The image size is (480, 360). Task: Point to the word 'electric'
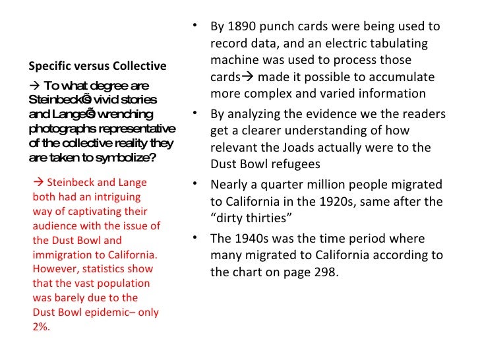pyautogui.click(x=345, y=44)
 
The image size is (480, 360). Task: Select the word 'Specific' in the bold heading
pyautogui.click(x=48, y=66)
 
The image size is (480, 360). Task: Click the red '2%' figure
pyautogui.click(x=40, y=326)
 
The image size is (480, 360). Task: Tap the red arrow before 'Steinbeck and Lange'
pyautogui.click(x=38, y=183)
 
